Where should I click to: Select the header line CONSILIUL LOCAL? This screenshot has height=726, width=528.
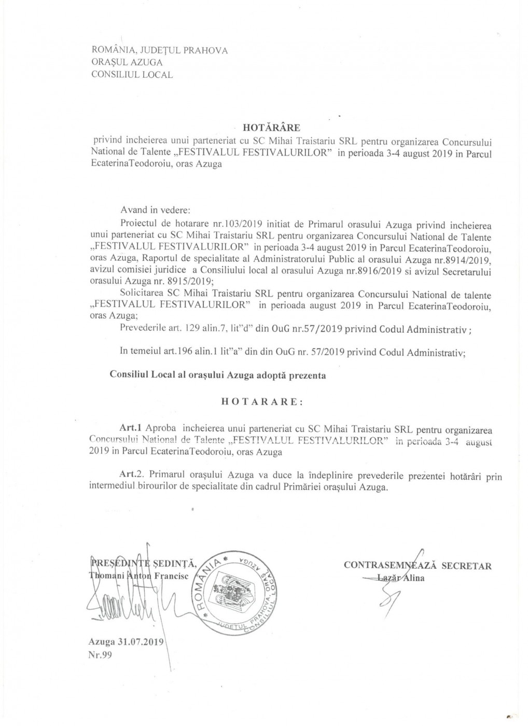pyautogui.click(x=132, y=74)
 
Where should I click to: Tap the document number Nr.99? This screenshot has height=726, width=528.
pyautogui.click(x=100, y=654)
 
